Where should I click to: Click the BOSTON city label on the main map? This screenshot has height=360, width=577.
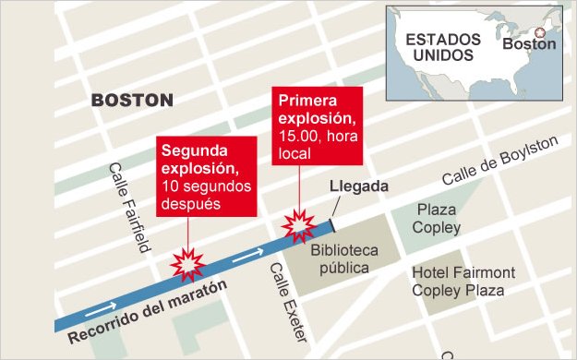click(132, 100)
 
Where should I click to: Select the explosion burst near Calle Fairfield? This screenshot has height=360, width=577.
click(189, 265)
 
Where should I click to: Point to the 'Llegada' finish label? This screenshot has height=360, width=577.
click(360, 186)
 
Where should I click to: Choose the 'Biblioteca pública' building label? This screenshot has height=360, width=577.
click(340, 258)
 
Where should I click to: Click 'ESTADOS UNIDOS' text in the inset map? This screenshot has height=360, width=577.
click(442, 47)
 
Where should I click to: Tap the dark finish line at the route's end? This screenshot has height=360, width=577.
click(331, 226)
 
